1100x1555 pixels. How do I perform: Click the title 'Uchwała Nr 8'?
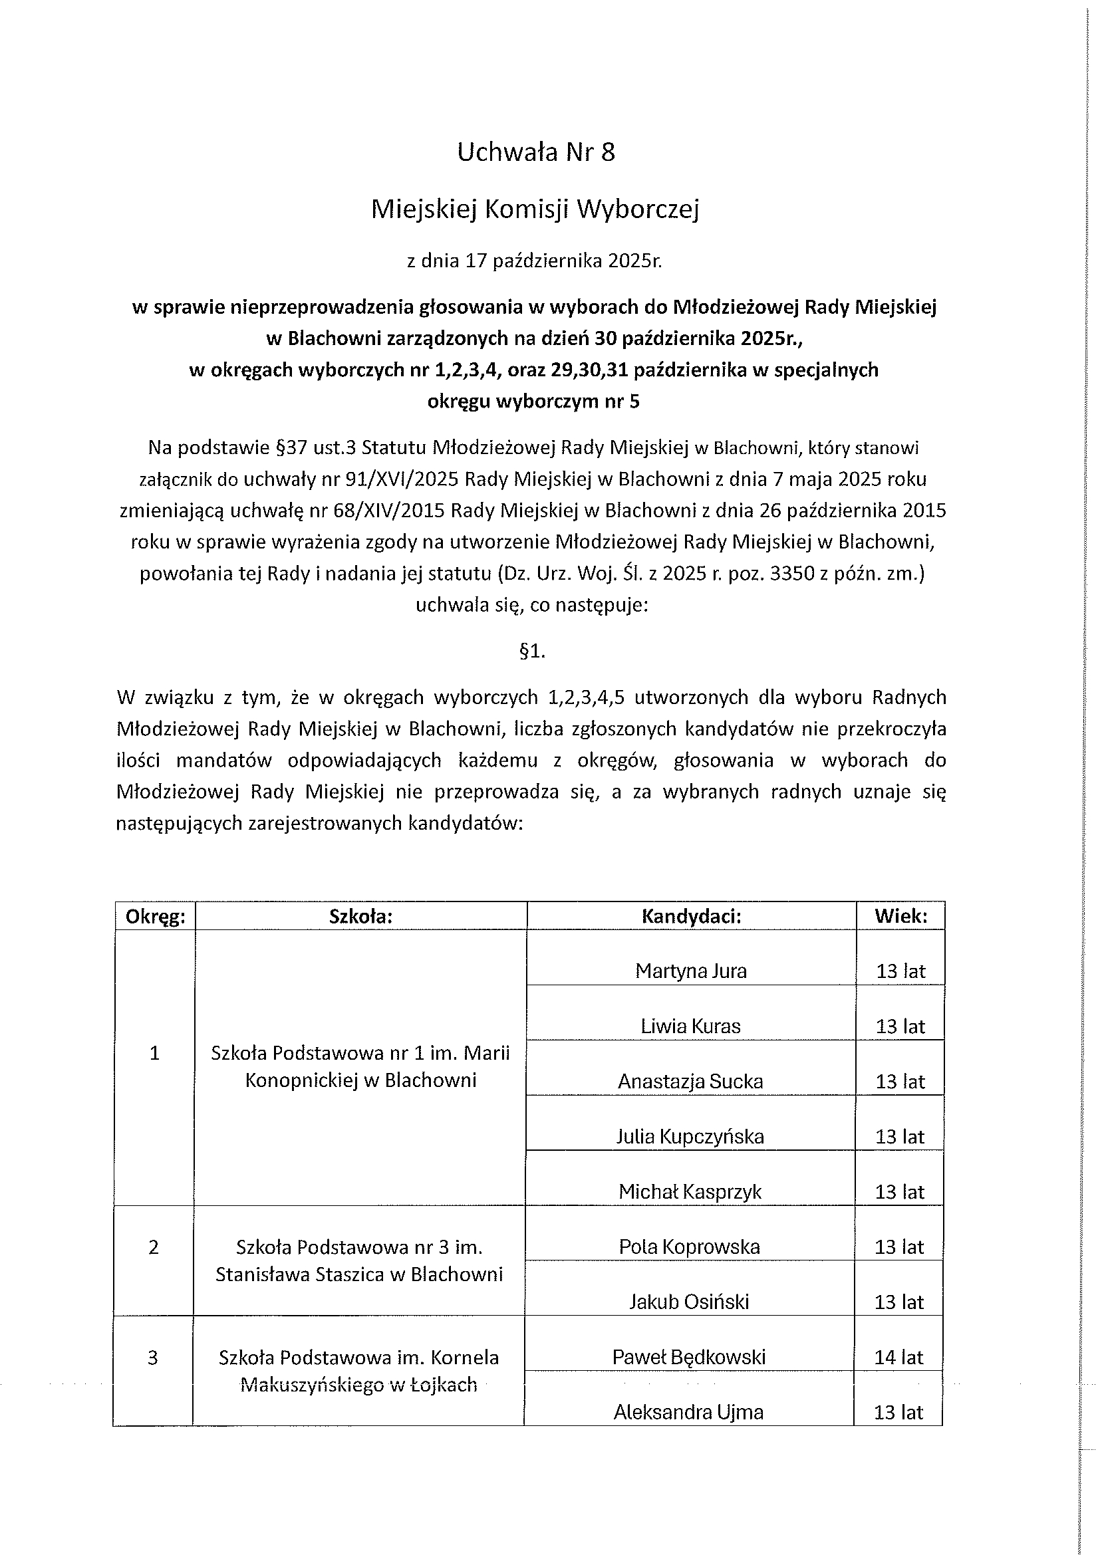(x=536, y=152)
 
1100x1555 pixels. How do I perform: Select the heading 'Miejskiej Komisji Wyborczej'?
(x=535, y=209)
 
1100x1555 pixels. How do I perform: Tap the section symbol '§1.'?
(x=532, y=652)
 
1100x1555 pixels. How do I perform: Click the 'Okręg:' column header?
(x=155, y=917)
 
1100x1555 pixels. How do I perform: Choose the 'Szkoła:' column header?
(x=360, y=917)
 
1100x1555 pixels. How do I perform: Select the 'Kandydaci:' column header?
(x=691, y=917)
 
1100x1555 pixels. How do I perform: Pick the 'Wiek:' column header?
(x=900, y=917)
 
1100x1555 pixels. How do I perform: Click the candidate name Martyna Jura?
(x=691, y=971)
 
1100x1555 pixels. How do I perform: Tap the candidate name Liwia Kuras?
(x=691, y=1026)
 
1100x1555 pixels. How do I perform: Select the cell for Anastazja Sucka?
(x=690, y=1082)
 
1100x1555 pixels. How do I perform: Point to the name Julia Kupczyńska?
(x=690, y=1136)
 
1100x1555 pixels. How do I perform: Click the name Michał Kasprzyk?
(x=690, y=1192)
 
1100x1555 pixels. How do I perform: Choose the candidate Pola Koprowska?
(x=690, y=1247)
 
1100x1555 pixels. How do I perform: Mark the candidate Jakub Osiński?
(x=690, y=1302)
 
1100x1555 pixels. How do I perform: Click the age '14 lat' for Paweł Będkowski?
(x=899, y=1358)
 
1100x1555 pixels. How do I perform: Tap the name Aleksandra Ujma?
(x=689, y=1412)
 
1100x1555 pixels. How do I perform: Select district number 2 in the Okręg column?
(x=154, y=1247)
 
